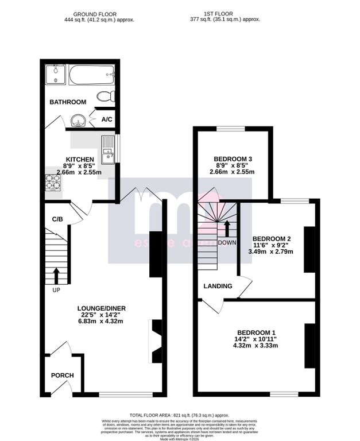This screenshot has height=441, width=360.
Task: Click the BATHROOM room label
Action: [68, 102]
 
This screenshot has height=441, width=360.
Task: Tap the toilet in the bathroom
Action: [105, 95]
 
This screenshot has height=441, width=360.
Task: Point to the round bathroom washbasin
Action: [79, 121]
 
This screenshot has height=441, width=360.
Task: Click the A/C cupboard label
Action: [107, 119]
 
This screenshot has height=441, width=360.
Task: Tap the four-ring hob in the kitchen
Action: [53, 181]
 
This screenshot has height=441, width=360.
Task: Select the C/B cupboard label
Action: [57, 219]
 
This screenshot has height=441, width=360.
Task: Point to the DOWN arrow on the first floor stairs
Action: [227, 229]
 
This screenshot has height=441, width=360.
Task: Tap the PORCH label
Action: [63, 376]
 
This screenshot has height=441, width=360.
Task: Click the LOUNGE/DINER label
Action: [102, 308]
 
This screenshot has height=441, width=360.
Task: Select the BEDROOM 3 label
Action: [233, 158]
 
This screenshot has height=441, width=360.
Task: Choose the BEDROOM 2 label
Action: [272, 238]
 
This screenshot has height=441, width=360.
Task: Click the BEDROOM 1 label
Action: [256, 332]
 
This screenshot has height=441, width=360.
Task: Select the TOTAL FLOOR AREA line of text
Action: [179, 415]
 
